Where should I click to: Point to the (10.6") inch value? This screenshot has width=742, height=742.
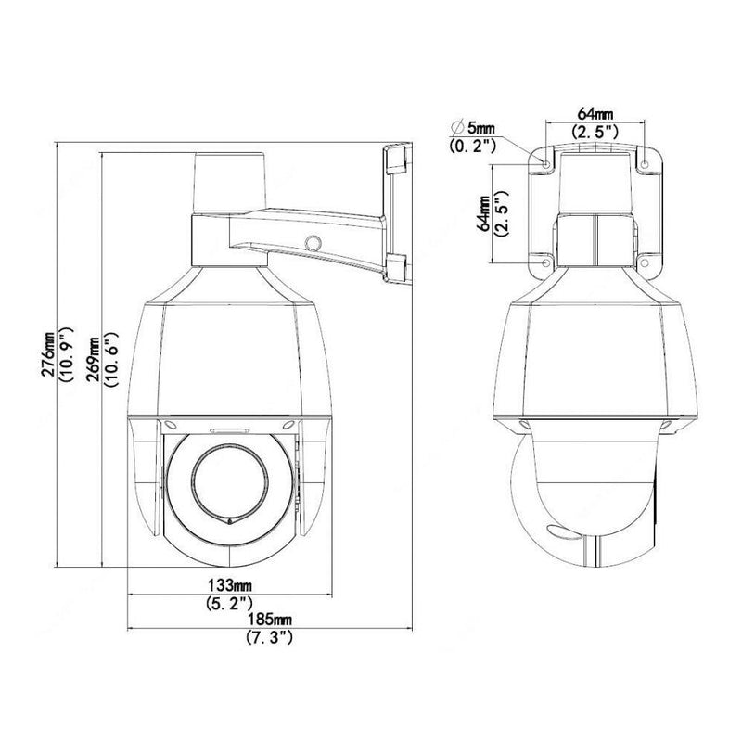(x=109, y=356)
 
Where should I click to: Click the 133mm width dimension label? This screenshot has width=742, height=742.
(x=229, y=586)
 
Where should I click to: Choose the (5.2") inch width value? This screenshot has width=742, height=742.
(x=229, y=605)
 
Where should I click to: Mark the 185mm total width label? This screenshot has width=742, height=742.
(x=270, y=620)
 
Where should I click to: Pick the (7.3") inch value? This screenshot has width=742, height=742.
(x=270, y=638)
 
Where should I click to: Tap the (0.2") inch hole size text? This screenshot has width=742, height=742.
(x=473, y=147)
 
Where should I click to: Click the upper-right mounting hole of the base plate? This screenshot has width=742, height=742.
(x=646, y=164)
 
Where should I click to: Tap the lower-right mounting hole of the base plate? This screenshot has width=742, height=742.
(x=646, y=262)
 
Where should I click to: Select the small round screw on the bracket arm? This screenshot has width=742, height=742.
(x=313, y=242)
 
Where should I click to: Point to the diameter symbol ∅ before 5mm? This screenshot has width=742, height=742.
(x=455, y=128)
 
